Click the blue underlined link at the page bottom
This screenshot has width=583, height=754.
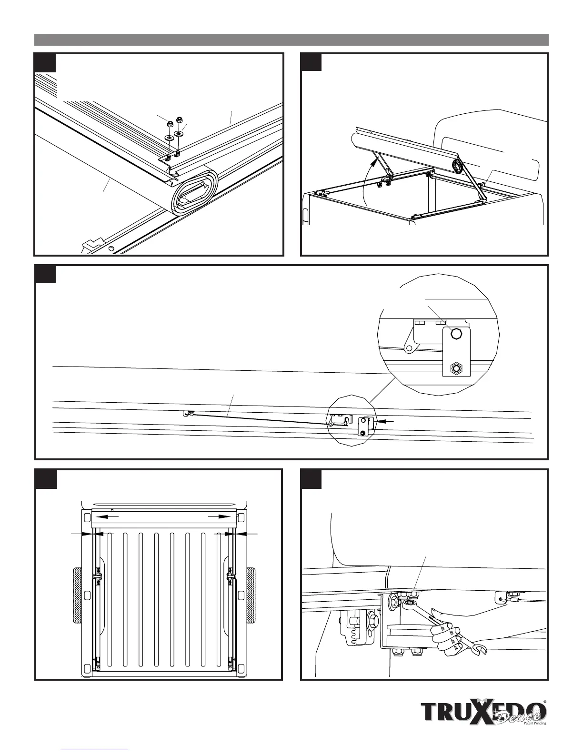click(x=95, y=750)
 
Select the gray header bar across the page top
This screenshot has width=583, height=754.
click(x=291, y=40)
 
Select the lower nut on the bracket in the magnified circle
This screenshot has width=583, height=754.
click(x=456, y=368)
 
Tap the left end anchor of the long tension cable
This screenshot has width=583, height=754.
click(x=187, y=414)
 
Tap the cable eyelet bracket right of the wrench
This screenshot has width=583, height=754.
click(x=503, y=596)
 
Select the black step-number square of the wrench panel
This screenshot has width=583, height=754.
click(x=312, y=478)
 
